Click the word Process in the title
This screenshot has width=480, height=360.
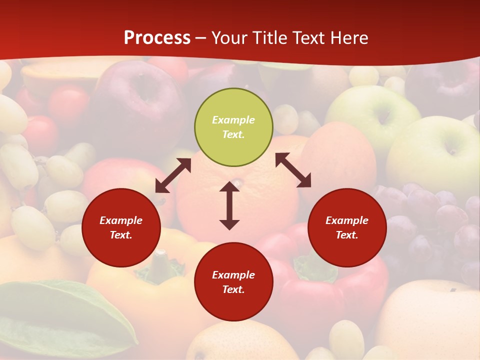157,38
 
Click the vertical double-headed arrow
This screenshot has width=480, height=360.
229,205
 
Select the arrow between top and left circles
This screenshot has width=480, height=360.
173,175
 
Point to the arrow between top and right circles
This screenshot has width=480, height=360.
293,170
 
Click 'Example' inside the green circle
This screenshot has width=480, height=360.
233,120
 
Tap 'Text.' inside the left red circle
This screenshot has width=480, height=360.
121,235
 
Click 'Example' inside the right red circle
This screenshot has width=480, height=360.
347,220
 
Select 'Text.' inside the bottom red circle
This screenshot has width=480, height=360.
233,289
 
